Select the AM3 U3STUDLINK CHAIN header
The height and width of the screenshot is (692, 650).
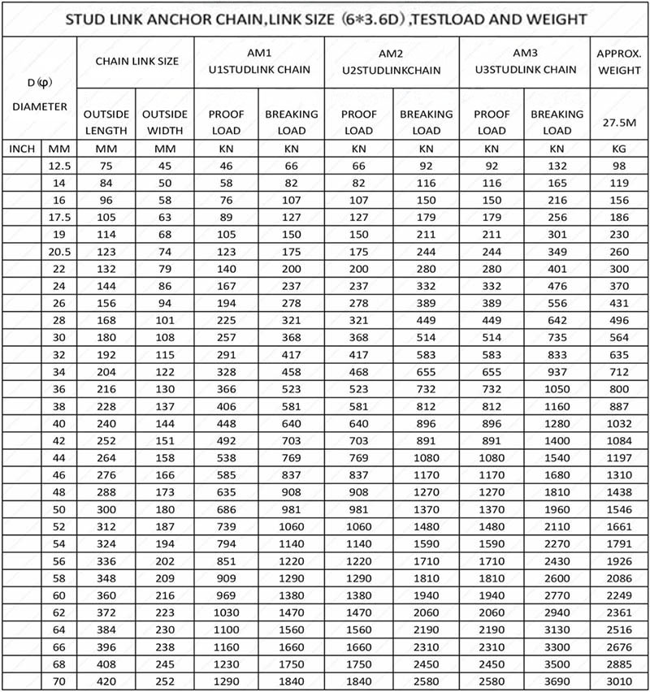pyautogui.click(x=524, y=62)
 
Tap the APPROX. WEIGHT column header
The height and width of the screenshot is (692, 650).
pyautogui.click(x=619, y=62)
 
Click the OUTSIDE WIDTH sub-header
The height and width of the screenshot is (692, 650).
pyautogui.click(x=165, y=122)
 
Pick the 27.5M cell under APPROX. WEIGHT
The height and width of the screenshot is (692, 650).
pyautogui.click(x=619, y=122)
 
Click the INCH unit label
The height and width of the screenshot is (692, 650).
pyautogui.click(x=21, y=149)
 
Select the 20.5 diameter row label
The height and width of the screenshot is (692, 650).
pyautogui.click(x=59, y=251)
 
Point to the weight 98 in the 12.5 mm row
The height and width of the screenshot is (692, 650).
pyautogui.click(x=619, y=166)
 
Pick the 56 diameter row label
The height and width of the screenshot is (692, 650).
pyautogui.click(x=59, y=560)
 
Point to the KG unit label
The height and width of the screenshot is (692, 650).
pyautogui.click(x=619, y=149)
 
